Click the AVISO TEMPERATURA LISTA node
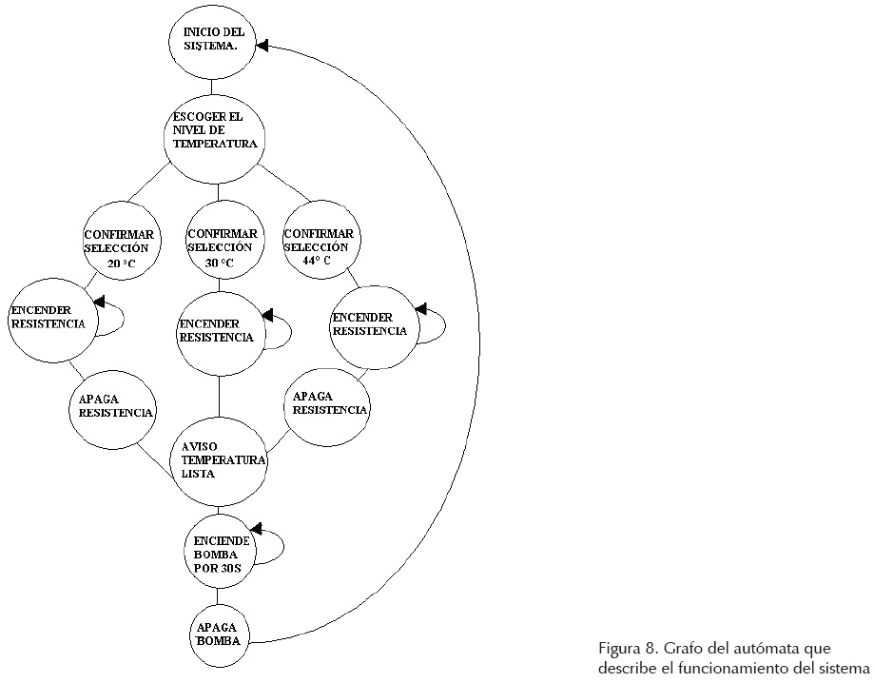219,460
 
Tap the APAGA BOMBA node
218,633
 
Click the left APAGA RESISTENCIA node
113,406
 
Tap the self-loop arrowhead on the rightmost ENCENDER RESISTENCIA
420,308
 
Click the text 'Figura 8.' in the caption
623,649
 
